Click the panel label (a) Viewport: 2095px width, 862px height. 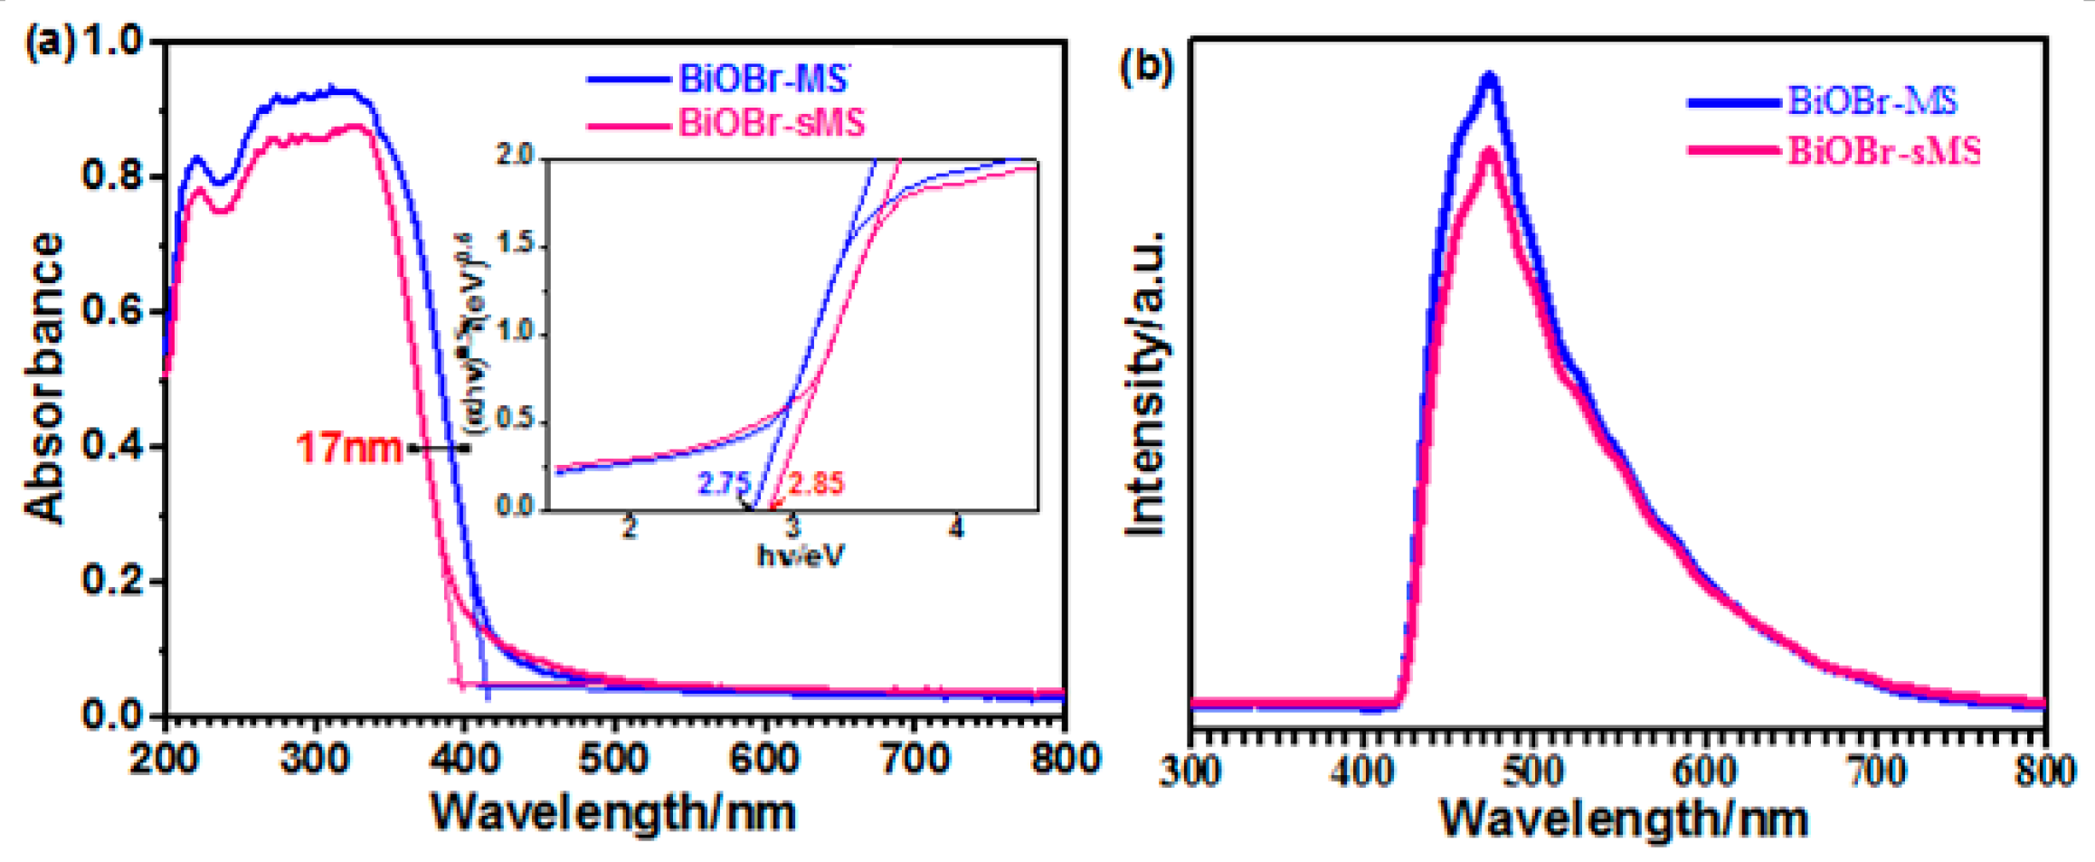coord(50,43)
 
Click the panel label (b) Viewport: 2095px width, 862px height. coord(1145,67)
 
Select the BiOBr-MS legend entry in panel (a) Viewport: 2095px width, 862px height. coord(763,80)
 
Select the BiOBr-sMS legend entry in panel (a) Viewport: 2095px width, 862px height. coord(771,122)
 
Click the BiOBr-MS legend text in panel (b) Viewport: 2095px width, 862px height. coord(1872,100)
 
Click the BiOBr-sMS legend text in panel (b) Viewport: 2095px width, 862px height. coord(1883,150)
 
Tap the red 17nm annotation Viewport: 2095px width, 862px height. coord(349,448)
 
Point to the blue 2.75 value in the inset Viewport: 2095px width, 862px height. coord(724,484)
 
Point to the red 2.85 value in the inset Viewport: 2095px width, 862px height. coord(816,484)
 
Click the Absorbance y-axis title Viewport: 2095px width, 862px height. coord(45,378)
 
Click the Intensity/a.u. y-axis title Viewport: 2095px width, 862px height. coord(1144,384)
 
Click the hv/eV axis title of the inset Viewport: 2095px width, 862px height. coord(801,555)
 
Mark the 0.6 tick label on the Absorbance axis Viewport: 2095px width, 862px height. coord(111,311)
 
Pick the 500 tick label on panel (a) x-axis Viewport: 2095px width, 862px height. coord(613,758)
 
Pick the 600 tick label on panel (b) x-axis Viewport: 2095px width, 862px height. coord(1704,771)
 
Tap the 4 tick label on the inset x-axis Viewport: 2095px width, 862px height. coord(956,527)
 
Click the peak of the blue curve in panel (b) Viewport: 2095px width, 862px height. coord(1488,77)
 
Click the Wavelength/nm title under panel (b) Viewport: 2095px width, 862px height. coord(1623,819)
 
